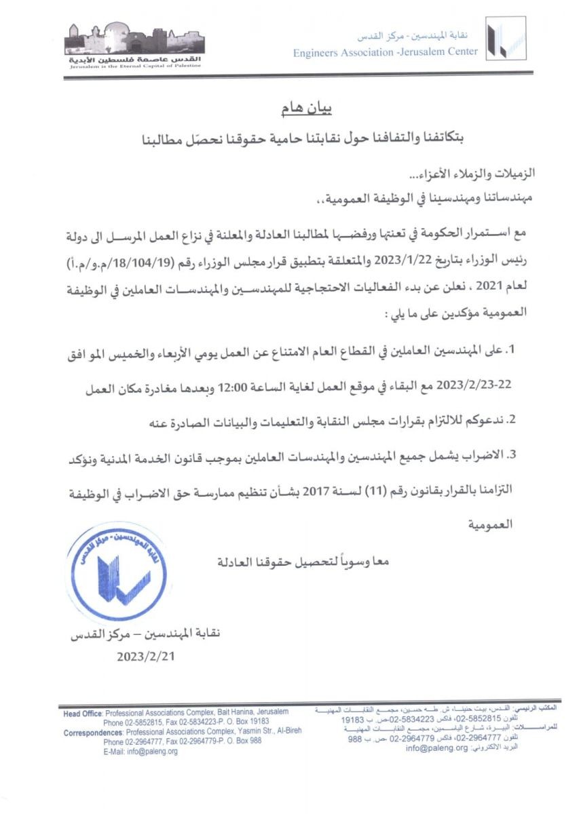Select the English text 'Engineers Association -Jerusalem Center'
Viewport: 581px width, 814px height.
385,52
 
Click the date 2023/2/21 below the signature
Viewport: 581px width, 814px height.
147,656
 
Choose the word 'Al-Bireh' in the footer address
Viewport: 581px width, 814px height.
286,732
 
